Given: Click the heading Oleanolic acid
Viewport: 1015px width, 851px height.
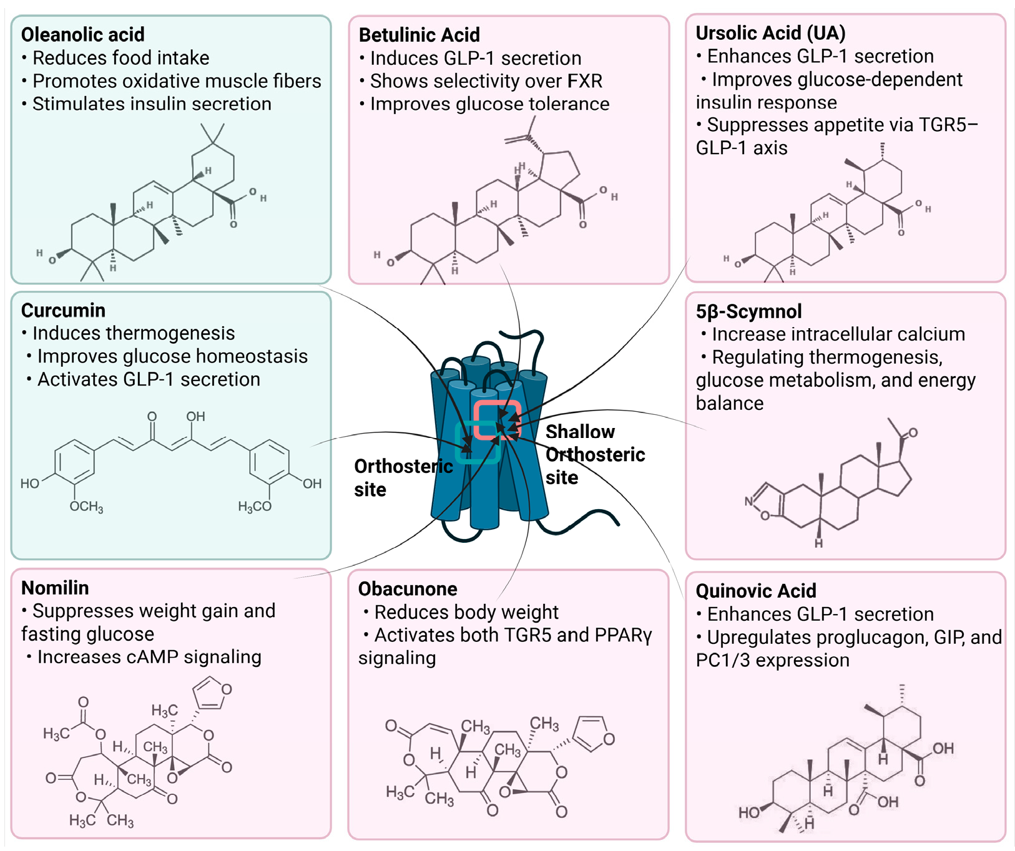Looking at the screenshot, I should pyautogui.click(x=82, y=34).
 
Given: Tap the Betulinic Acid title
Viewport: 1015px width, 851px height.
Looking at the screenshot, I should pyautogui.click(x=419, y=35).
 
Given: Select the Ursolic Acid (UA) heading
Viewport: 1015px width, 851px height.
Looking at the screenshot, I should pyautogui.click(x=770, y=33).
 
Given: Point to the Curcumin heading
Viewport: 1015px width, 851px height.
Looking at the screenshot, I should pyautogui.click(x=63, y=310).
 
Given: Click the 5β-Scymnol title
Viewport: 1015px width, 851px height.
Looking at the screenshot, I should pyautogui.click(x=748, y=311).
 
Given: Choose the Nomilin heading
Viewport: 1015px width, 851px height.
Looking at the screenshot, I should pyautogui.click(x=55, y=588).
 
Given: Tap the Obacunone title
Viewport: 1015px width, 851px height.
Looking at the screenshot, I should pyautogui.click(x=407, y=588).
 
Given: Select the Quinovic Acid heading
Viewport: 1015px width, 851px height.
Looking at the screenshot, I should pyautogui.click(x=755, y=591).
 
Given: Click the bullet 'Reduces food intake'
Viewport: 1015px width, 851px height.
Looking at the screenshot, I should pyautogui.click(x=120, y=58).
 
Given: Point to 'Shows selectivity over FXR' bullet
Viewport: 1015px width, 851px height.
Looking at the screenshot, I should pyautogui.click(x=486, y=81).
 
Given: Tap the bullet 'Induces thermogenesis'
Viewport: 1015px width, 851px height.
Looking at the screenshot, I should pyautogui.click(x=133, y=333).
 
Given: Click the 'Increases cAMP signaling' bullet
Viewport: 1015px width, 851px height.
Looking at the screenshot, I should pyautogui.click(x=149, y=657).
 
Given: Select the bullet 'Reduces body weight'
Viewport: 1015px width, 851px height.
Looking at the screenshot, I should pyautogui.click(x=466, y=612).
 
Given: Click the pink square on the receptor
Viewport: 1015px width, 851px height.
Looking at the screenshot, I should pyautogui.click(x=497, y=420).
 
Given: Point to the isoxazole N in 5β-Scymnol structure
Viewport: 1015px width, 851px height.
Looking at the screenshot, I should pyautogui.click(x=749, y=501).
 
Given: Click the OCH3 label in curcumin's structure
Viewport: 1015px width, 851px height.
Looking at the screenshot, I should pyautogui.click(x=86, y=507).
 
